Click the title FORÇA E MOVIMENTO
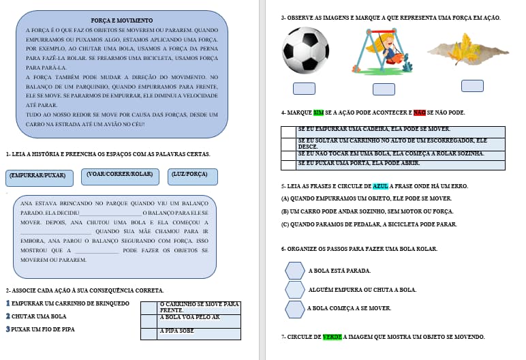(121, 21)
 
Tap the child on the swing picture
(384, 52)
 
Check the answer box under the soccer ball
(304, 89)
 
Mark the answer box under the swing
(384, 89)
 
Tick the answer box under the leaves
(472, 86)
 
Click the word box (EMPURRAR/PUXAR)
(39, 176)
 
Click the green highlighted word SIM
(319, 112)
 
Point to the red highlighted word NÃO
(420, 112)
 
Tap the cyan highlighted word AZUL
(380, 186)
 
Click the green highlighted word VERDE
(332, 337)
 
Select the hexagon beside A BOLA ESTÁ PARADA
(294, 271)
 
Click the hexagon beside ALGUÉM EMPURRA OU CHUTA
(294, 290)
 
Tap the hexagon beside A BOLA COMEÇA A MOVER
(294, 309)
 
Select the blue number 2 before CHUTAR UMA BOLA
(7, 316)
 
